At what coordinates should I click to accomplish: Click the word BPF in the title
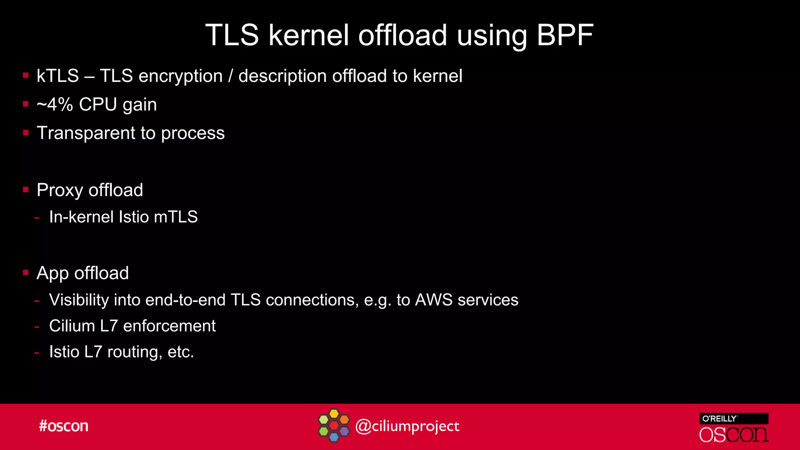click(x=565, y=35)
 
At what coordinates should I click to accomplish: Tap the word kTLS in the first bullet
click(x=58, y=76)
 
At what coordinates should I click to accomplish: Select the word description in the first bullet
click(x=282, y=76)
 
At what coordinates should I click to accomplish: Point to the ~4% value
click(x=55, y=105)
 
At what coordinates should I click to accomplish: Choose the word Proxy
click(x=60, y=191)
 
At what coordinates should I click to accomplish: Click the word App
click(x=52, y=273)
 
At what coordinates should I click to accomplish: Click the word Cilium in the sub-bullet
click(x=72, y=326)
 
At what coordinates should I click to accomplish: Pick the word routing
click(x=132, y=352)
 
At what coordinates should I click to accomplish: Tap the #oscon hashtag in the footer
click(x=64, y=426)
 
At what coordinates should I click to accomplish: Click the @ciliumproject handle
click(x=407, y=426)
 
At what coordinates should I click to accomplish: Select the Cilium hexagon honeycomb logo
click(x=334, y=425)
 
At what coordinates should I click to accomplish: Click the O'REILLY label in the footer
click(x=720, y=419)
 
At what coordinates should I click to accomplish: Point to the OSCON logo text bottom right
click(x=734, y=435)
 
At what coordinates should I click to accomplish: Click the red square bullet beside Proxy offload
click(x=26, y=190)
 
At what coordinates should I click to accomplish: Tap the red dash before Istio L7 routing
click(x=37, y=353)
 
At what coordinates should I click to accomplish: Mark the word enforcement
click(x=169, y=326)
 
